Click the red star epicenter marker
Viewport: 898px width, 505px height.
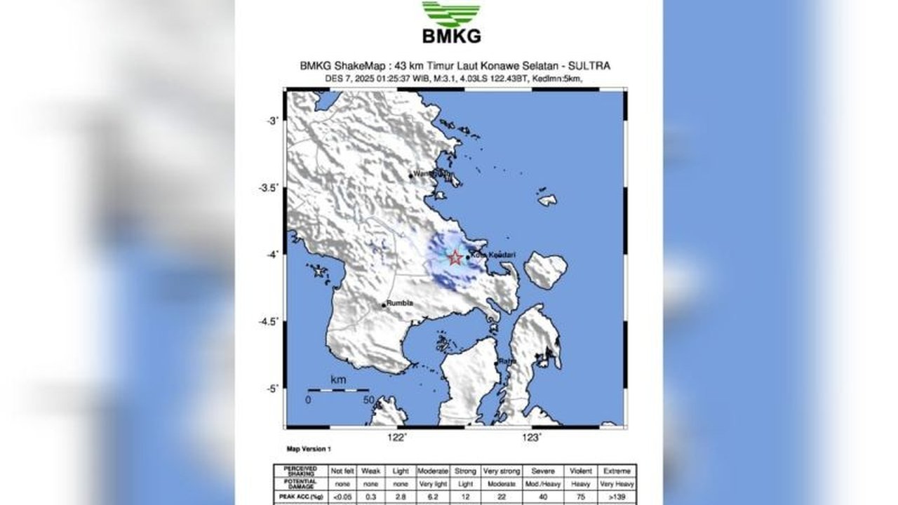pos(455,257)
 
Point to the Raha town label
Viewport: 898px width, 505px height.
pos(507,361)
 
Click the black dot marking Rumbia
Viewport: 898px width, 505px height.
pos(384,305)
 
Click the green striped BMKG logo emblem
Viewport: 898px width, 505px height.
pos(451,14)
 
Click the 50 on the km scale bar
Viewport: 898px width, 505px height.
pos(368,400)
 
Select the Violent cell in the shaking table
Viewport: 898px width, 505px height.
pos(582,471)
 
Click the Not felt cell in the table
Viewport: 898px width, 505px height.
pos(342,471)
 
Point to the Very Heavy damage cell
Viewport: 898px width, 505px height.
pos(617,484)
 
